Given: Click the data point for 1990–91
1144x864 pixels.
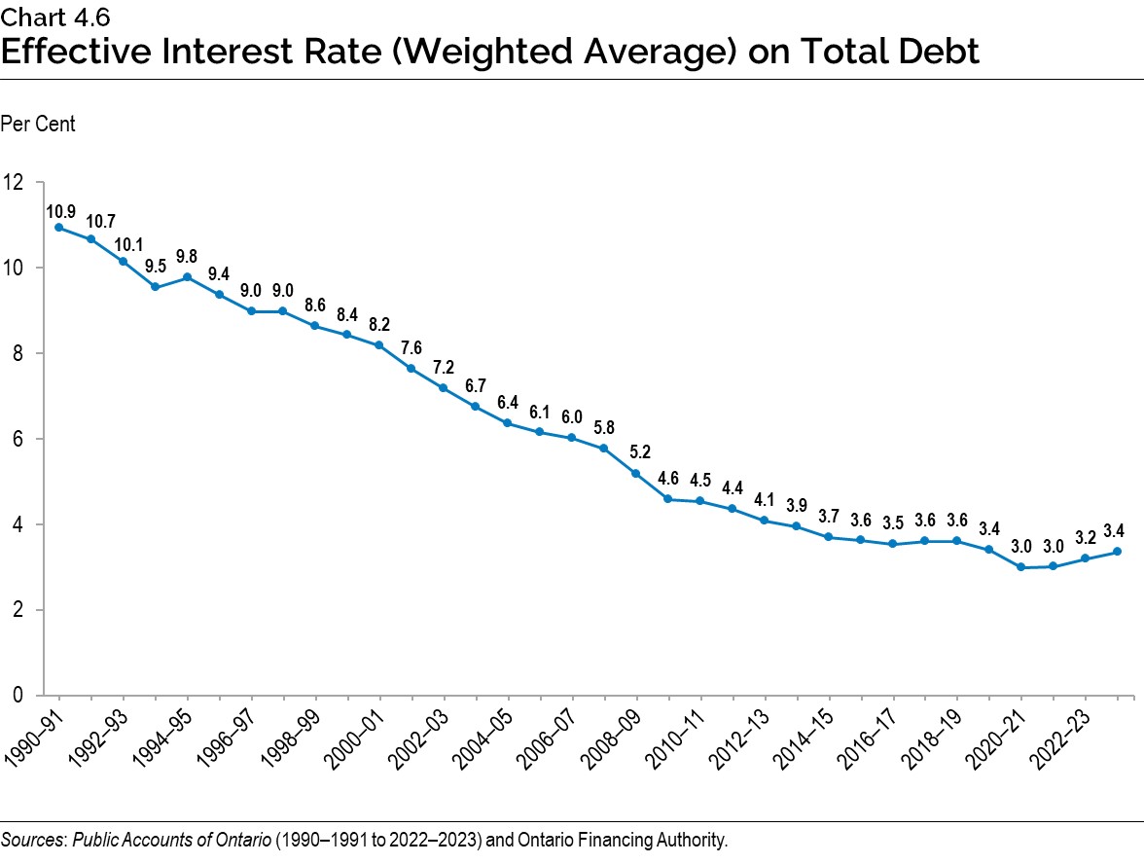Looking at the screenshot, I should [x=59, y=228].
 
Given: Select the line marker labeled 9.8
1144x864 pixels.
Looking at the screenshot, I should [x=188, y=276].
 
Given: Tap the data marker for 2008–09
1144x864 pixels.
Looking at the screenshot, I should [x=636, y=474].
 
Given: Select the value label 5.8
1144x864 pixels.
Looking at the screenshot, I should [x=604, y=427].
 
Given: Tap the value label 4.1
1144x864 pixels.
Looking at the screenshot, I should [x=764, y=500].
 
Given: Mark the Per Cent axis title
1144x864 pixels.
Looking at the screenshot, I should [x=38, y=125].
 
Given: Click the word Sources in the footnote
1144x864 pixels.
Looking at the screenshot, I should [x=28, y=840].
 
